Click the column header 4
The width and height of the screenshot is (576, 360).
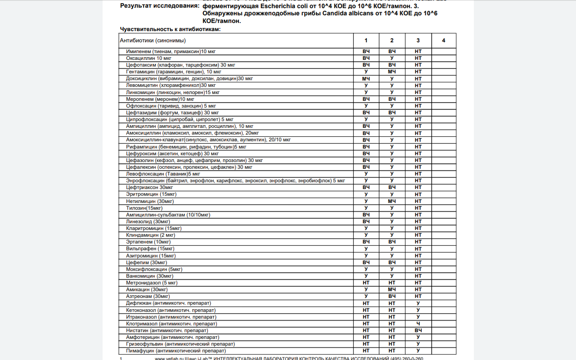(x=443, y=40)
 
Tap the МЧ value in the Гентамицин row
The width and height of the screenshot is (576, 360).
(x=392, y=72)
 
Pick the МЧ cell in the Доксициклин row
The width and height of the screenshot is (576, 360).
(x=366, y=79)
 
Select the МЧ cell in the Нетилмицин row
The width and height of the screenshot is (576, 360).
(x=392, y=201)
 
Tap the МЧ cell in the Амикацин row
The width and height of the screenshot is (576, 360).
(x=392, y=289)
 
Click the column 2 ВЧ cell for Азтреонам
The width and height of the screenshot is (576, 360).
(x=392, y=296)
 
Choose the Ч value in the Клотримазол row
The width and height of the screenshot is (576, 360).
(x=418, y=324)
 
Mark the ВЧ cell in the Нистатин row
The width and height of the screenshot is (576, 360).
(x=418, y=330)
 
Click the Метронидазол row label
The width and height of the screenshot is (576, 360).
(x=152, y=283)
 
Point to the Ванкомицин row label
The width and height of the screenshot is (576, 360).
(x=149, y=276)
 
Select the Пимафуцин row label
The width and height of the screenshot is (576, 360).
(x=176, y=351)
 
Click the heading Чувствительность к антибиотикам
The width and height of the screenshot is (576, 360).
(x=170, y=29)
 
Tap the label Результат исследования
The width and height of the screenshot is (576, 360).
(x=159, y=6)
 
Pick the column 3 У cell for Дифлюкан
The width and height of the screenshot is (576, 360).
(x=418, y=303)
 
